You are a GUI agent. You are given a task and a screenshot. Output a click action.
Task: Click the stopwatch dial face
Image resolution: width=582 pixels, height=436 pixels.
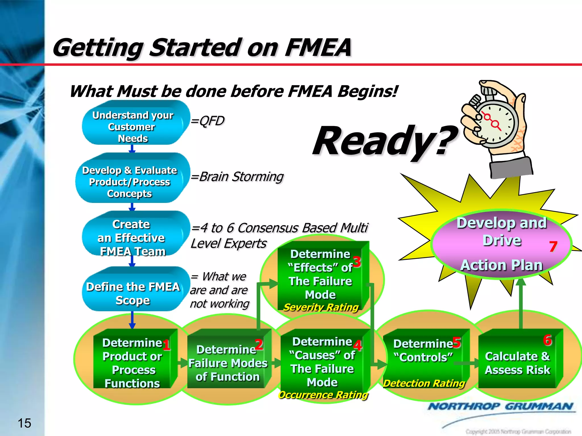496,123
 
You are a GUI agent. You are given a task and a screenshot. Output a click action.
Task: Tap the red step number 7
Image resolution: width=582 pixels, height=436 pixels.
553,246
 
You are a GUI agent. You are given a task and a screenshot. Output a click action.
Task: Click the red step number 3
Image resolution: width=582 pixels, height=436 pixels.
357,261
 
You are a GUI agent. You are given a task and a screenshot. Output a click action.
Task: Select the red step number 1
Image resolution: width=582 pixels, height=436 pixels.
166,345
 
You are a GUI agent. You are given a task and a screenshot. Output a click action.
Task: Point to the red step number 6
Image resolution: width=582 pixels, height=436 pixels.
547,340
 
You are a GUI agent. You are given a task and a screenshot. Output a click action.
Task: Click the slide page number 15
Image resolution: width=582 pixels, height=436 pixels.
24,423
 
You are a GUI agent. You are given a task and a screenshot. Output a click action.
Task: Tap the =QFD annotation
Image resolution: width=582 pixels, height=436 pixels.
208,121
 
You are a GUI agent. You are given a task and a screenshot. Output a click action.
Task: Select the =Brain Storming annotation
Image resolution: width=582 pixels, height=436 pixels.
237,177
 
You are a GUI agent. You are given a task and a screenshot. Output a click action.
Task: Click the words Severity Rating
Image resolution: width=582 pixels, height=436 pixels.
321,307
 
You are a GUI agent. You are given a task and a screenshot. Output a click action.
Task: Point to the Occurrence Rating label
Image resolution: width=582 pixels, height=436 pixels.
323,395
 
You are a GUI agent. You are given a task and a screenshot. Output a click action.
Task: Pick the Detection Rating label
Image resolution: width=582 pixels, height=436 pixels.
424,383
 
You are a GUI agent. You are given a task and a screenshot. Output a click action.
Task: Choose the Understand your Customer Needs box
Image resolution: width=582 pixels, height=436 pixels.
133,126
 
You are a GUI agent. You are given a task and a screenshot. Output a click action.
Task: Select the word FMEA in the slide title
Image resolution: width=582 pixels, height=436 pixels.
318,47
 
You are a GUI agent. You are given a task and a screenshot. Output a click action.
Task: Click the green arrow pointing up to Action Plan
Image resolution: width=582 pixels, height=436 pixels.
521,304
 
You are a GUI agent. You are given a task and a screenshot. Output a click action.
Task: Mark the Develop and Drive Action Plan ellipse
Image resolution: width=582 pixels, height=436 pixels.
502,244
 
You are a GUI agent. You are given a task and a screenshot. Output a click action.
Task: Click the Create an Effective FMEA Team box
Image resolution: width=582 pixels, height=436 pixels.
132,237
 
